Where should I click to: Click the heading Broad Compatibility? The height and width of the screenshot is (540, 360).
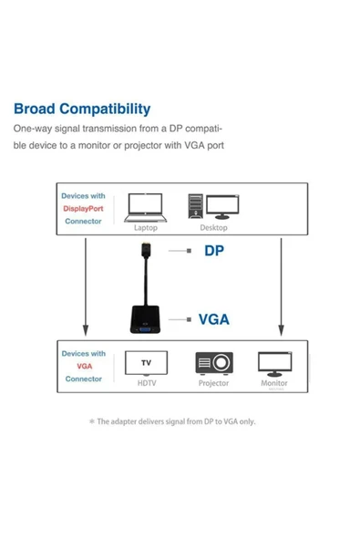82,109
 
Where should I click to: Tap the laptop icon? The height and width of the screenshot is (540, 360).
146,206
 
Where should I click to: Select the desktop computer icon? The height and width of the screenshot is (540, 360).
214,206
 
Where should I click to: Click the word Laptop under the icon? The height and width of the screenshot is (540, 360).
146,228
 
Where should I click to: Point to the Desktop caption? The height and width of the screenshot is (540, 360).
213,228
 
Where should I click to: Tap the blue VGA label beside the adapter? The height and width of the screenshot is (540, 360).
214,319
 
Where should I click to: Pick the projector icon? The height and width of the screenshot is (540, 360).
213,364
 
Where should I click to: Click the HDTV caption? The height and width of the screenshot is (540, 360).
146,384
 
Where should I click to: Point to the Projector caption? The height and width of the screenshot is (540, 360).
213,384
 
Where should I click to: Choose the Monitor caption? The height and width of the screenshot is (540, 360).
274,384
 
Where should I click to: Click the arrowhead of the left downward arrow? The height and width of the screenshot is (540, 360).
84,333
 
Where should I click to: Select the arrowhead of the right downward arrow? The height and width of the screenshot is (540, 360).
280,333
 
